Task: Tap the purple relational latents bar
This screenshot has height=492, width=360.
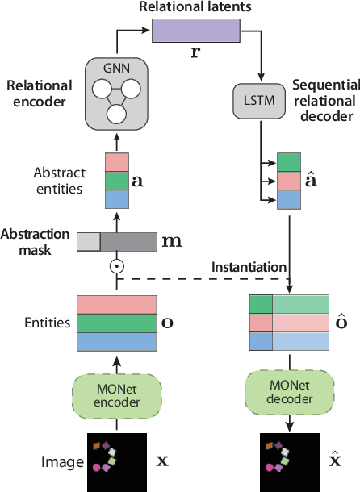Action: pos(197,31)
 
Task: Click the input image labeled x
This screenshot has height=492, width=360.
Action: pos(116,461)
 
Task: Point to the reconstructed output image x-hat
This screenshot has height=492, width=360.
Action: pos(288,461)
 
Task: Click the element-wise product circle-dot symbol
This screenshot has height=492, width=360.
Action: pos(116,265)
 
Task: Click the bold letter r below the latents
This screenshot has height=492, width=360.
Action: pos(197,53)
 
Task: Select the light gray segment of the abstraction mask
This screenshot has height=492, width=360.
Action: pos(88,240)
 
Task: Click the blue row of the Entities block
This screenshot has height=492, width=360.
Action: pos(116,342)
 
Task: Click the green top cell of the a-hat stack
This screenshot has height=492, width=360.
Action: pos(288,162)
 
